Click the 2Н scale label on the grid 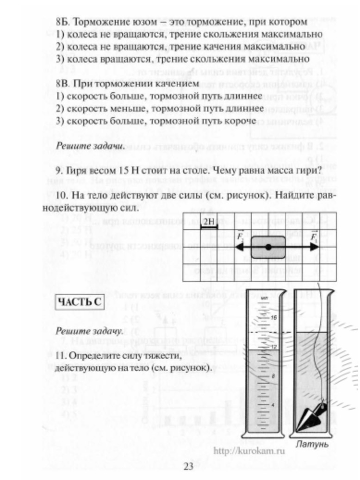[209, 220]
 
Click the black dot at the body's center [268, 248]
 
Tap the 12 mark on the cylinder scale [273, 347]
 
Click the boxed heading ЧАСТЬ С [79, 302]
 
